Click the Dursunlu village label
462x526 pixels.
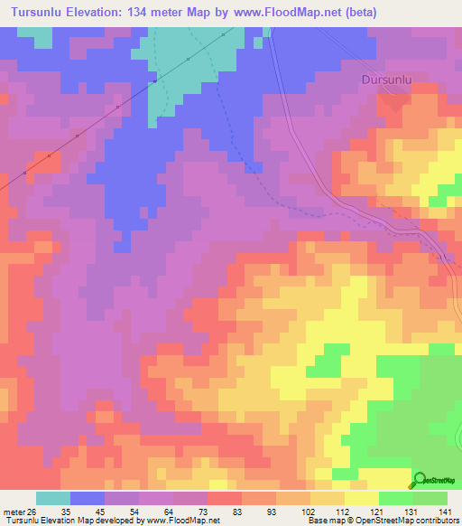click(385, 80)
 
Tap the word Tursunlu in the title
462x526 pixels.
click(41, 13)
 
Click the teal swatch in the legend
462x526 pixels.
click(53, 498)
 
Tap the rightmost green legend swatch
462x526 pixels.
click(430, 498)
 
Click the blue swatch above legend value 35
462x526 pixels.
click(88, 498)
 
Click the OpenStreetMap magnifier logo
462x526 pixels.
click(420, 480)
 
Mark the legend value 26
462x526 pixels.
click(35, 511)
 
